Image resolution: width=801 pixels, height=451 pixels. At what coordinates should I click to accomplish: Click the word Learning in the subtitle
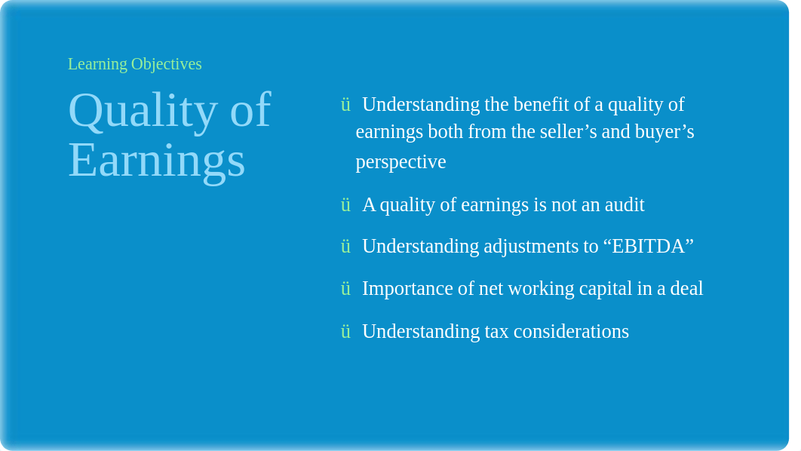coord(97,64)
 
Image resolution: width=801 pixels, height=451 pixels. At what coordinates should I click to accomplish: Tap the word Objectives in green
coord(167,64)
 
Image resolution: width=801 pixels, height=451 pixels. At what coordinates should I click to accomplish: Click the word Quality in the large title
coord(143,112)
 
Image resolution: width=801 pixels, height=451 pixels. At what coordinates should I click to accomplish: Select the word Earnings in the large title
coord(157,161)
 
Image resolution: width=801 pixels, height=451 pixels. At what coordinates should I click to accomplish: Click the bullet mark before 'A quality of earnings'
coord(346,205)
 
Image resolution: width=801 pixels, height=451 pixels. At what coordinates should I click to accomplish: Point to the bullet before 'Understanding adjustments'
coord(346,246)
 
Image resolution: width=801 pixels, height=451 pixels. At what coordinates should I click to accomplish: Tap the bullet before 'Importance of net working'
coord(346,289)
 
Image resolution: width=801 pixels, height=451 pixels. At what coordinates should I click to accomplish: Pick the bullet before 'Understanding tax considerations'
coord(346,332)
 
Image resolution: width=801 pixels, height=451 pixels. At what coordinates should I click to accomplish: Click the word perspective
coord(401,162)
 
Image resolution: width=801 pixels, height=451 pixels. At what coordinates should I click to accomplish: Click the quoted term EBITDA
coord(648,246)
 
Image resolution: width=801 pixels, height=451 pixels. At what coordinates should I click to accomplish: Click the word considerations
coord(571,332)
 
